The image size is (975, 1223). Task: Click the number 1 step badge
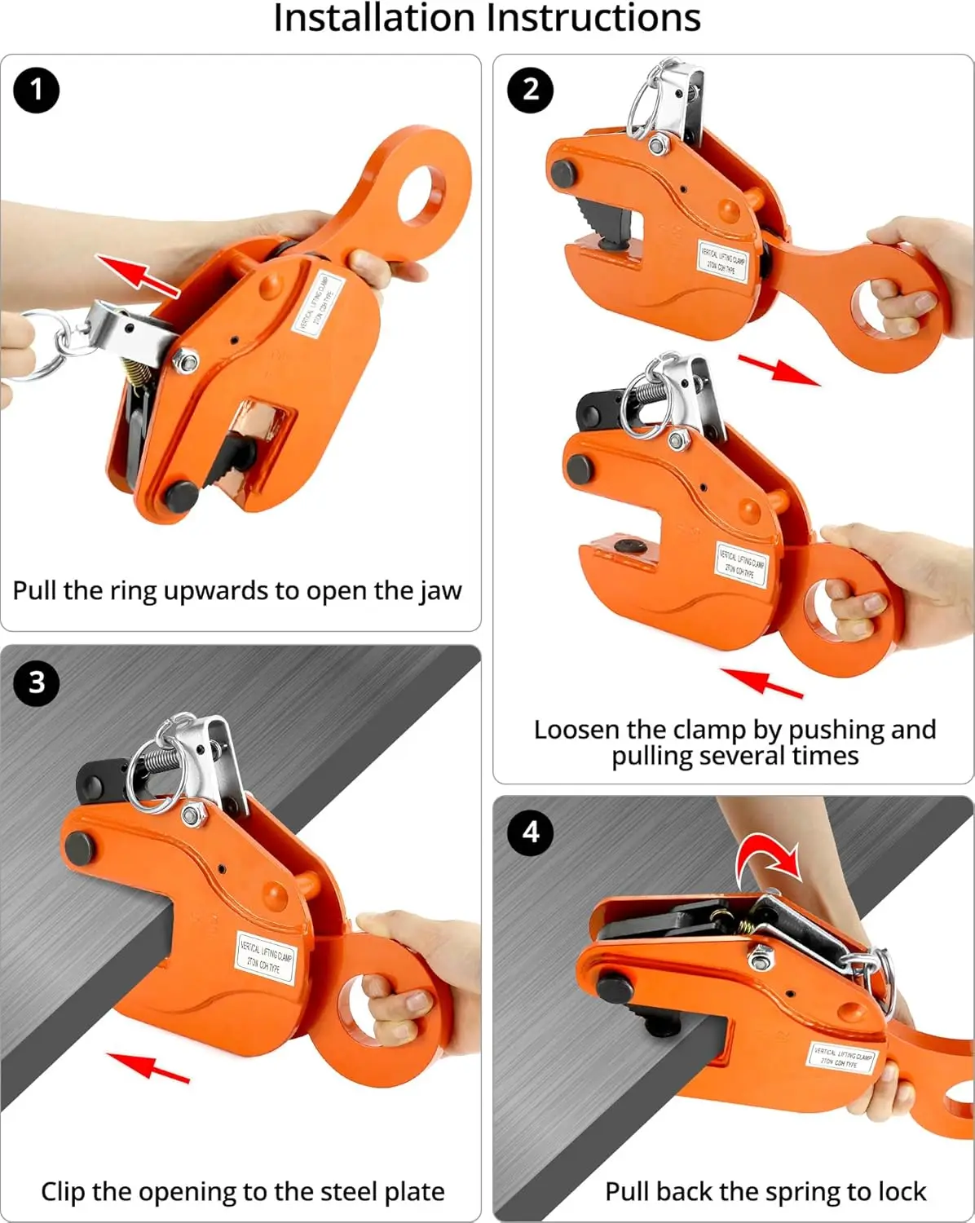(36, 90)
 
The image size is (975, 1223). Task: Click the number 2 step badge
(530, 90)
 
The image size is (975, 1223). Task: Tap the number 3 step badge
(36, 682)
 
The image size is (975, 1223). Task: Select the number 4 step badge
(530, 832)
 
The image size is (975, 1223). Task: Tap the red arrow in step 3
(148, 1066)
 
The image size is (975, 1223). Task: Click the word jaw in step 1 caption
(441, 590)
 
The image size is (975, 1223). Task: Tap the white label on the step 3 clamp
(266, 957)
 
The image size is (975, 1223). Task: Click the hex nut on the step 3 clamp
(193, 815)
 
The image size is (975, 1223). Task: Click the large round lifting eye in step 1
(421, 192)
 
